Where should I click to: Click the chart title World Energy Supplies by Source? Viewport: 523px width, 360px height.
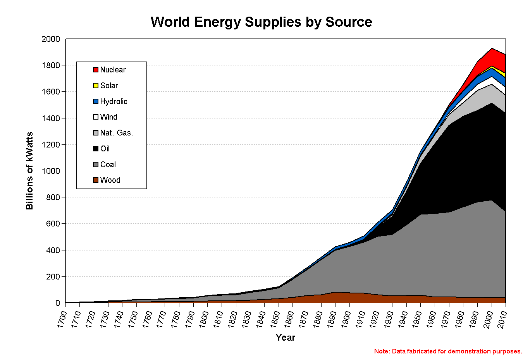pos(261,22)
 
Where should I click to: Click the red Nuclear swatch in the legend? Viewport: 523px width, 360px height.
pos(96,70)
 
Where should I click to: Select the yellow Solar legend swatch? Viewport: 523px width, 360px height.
pos(96,86)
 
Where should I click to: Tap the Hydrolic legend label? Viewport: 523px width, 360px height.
pos(114,101)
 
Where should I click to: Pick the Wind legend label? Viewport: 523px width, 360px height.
pos(108,117)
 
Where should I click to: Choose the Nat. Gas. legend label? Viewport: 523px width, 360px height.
pos(116,133)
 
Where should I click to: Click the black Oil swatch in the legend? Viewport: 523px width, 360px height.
pos(96,149)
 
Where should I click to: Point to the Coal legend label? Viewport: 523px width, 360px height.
pos(108,165)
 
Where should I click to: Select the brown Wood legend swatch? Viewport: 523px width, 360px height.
pos(96,180)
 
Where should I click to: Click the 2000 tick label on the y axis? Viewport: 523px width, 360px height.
pos(51,39)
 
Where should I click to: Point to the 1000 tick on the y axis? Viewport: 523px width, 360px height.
pos(51,171)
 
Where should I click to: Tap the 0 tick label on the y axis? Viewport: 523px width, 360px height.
pos(58,303)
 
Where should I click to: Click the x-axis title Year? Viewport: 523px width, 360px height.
pos(286,338)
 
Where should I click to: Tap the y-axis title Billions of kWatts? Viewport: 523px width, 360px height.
pos(29,171)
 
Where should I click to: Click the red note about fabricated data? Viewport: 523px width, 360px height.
pos(448,351)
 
